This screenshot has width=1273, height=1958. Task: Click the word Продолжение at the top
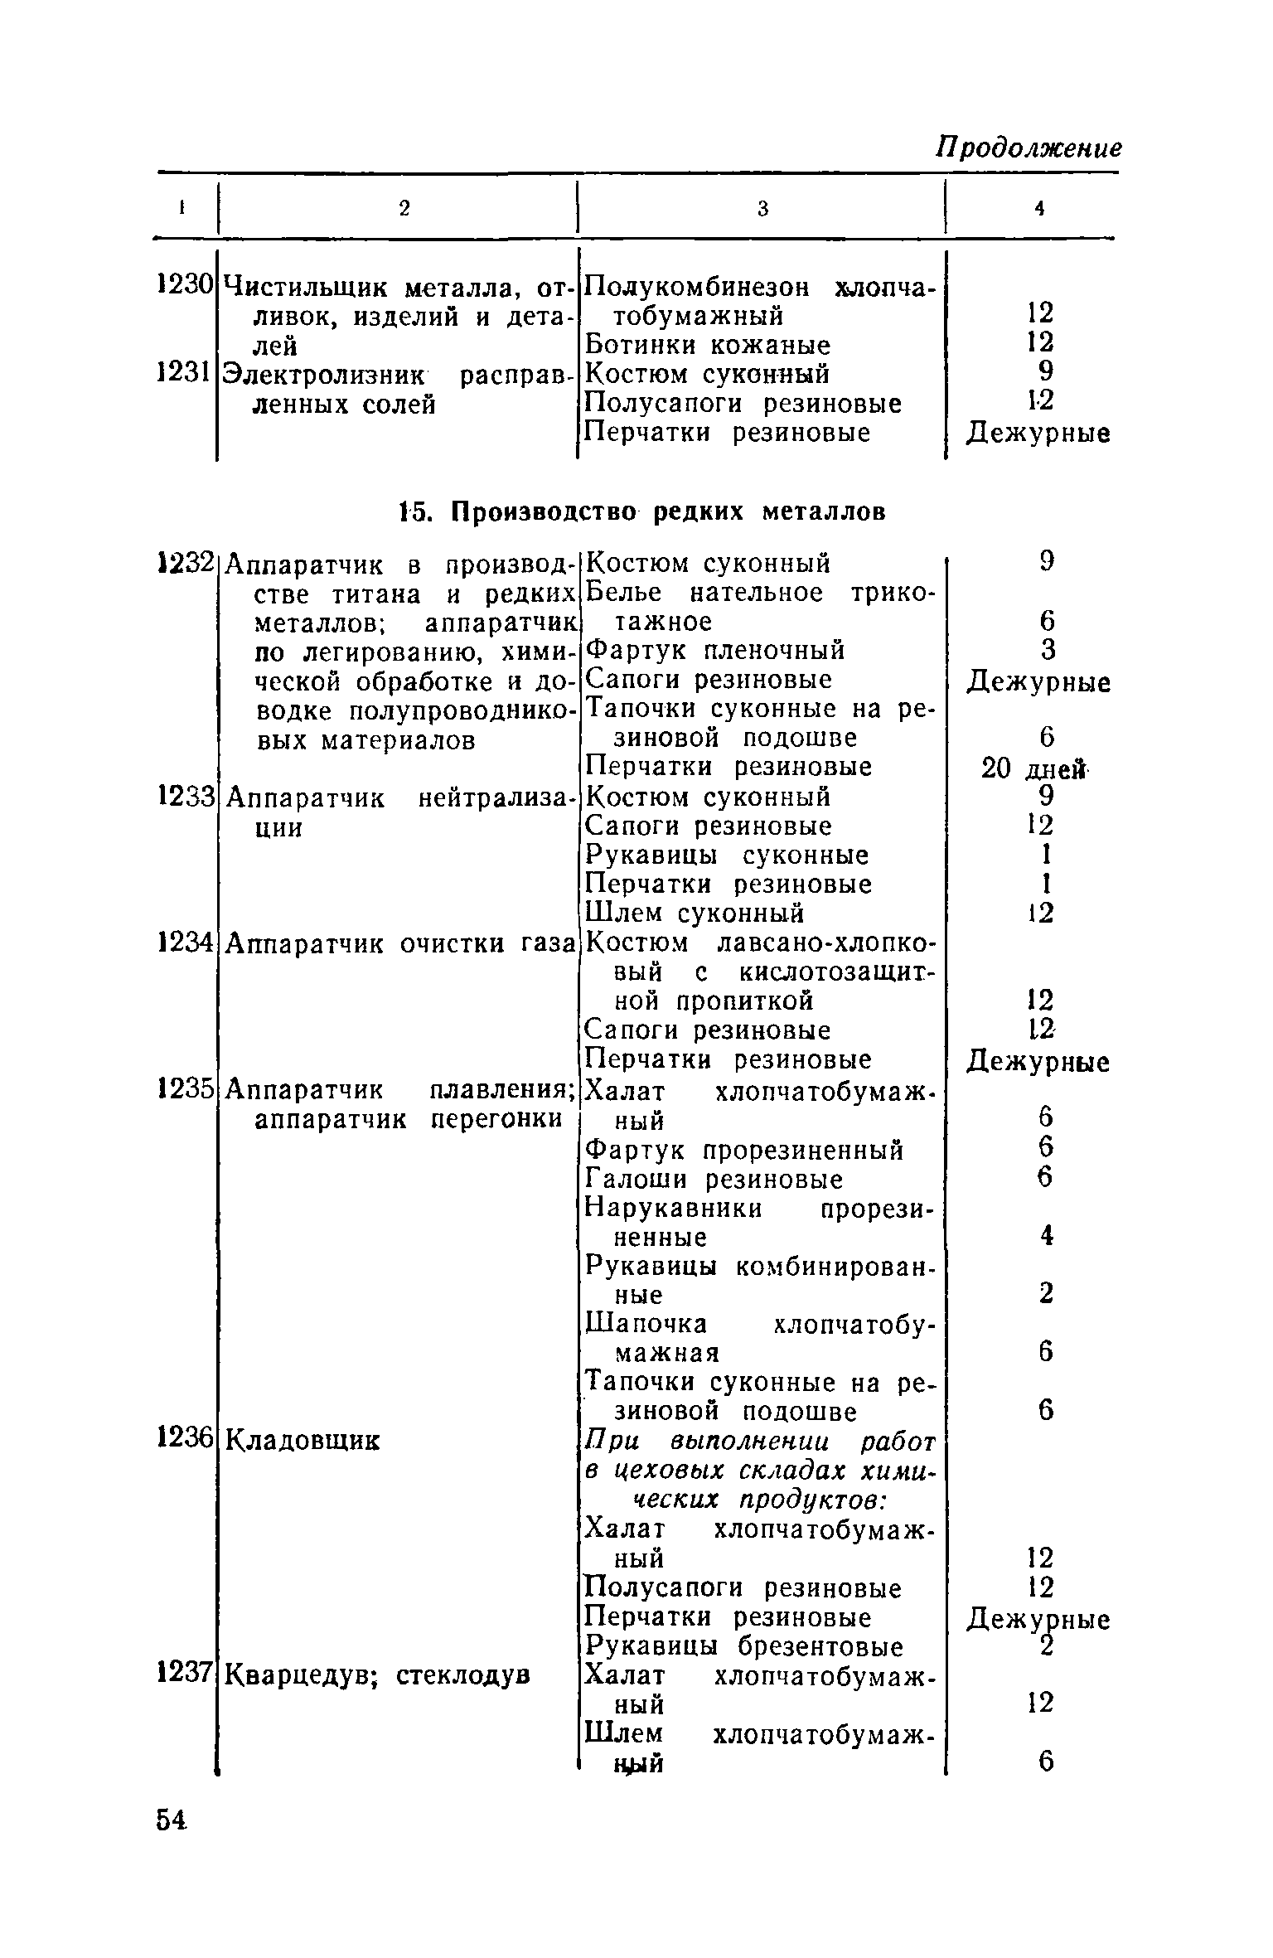[x=1029, y=148]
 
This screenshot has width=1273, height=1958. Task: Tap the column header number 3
[x=762, y=210]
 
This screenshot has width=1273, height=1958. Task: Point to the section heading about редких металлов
[x=641, y=512]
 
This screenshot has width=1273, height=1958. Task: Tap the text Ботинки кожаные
[x=708, y=345]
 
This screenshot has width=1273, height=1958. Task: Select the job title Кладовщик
[x=303, y=1441]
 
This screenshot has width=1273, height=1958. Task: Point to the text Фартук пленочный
[x=715, y=651]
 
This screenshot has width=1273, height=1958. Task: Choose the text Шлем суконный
[x=695, y=914]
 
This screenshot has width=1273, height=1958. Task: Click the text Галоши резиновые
[x=714, y=1179]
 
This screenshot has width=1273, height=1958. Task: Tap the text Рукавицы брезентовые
[x=743, y=1645]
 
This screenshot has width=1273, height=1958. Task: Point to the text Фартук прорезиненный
[x=744, y=1150]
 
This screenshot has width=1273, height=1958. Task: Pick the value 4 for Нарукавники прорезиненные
[x=1046, y=1236]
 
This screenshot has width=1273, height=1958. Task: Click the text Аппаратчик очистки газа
[x=401, y=943]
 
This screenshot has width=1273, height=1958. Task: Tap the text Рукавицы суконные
[x=727, y=855]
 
